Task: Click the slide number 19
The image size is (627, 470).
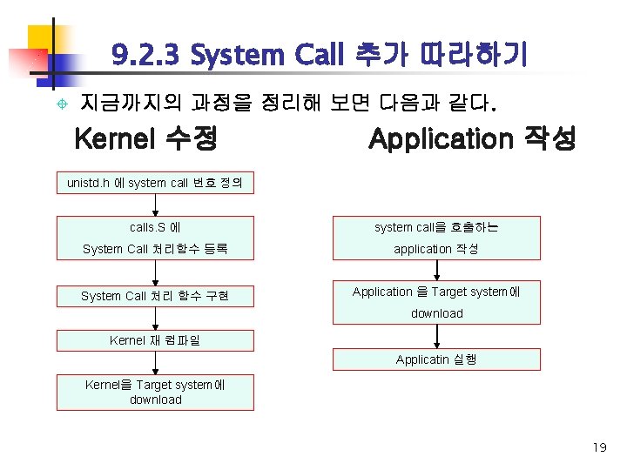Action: click(x=598, y=447)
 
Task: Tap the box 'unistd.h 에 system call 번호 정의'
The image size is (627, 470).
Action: click(x=155, y=183)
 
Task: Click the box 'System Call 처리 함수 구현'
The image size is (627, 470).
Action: click(x=155, y=296)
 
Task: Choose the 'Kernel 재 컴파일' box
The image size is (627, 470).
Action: click(x=155, y=340)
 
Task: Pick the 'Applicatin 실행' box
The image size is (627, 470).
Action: click(x=436, y=359)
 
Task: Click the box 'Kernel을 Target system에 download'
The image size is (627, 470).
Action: click(x=155, y=392)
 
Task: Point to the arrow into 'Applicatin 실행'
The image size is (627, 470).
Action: click(x=436, y=336)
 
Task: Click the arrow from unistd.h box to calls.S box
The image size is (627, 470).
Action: click(x=156, y=205)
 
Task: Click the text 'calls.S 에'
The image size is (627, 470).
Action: click(x=155, y=227)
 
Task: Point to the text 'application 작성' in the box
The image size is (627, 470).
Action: click(x=436, y=249)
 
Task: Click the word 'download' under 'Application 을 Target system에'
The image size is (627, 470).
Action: click(x=436, y=313)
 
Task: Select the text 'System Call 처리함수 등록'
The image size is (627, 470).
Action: click(x=155, y=249)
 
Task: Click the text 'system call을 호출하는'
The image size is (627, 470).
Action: click(x=436, y=227)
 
